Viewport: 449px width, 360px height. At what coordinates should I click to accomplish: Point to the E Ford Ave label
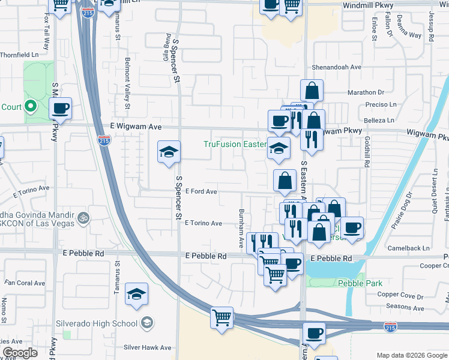coord(201,191)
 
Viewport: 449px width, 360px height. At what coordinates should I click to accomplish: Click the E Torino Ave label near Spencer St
coord(203,223)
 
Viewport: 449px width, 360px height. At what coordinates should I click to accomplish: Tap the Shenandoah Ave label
coord(335,67)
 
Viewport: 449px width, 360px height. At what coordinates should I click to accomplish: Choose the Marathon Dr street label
coord(365,92)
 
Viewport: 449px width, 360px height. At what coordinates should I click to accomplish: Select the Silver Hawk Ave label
coord(148,347)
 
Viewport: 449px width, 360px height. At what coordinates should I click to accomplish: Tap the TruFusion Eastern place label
coord(235,144)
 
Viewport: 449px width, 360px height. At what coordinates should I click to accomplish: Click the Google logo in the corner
coord(19,353)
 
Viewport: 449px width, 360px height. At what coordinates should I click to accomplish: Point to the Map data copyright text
coord(411,355)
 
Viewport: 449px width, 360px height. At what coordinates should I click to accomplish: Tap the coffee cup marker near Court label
coord(60,109)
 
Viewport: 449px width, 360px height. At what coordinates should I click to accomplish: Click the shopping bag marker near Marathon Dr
coord(312,91)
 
